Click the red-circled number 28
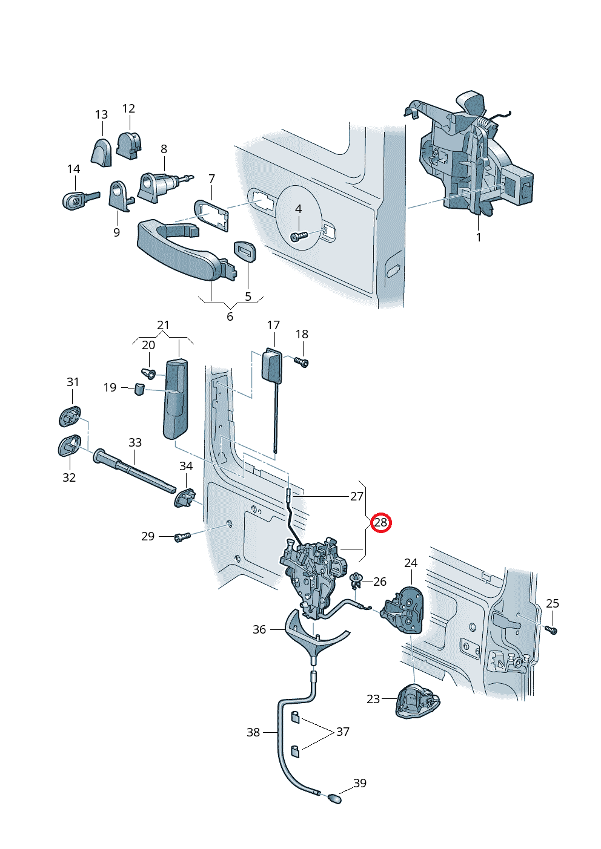(380, 522)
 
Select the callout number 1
(479, 238)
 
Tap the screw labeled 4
(299, 236)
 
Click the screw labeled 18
(302, 362)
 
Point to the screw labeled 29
(182, 537)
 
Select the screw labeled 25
(551, 630)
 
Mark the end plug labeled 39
(334, 798)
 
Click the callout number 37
(343, 732)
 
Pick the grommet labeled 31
(70, 417)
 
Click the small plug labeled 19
(139, 388)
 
